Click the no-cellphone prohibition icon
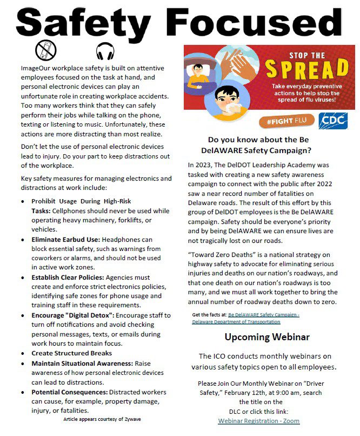[x=46, y=51]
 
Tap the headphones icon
[x=105, y=51]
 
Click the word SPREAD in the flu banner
[x=306, y=70]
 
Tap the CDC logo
[x=333, y=120]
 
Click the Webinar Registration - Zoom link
[x=258, y=420]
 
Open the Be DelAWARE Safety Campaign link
[x=246, y=318]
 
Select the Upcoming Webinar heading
[x=267, y=337]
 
